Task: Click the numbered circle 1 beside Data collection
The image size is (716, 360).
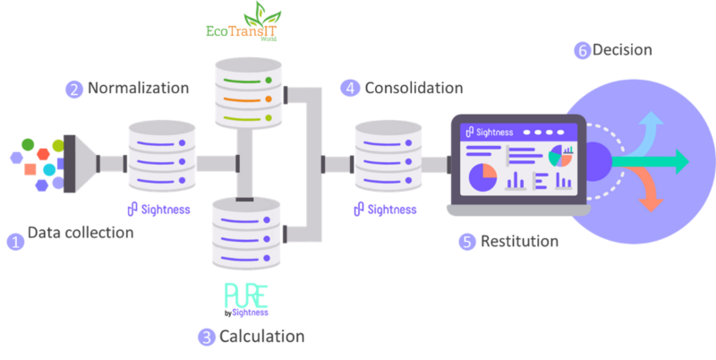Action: tap(15, 241)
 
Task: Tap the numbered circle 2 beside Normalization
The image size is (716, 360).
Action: tap(72, 89)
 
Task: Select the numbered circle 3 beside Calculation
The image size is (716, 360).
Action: tap(207, 337)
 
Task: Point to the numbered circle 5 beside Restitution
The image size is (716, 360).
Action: tap(466, 241)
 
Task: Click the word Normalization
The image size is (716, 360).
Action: tap(138, 89)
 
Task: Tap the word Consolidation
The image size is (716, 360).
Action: tap(413, 88)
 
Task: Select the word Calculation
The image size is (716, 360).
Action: tap(261, 337)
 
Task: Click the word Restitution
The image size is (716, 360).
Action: tap(519, 241)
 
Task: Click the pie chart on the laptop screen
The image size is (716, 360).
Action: tap(482, 176)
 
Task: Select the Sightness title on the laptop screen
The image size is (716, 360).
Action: tap(494, 132)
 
